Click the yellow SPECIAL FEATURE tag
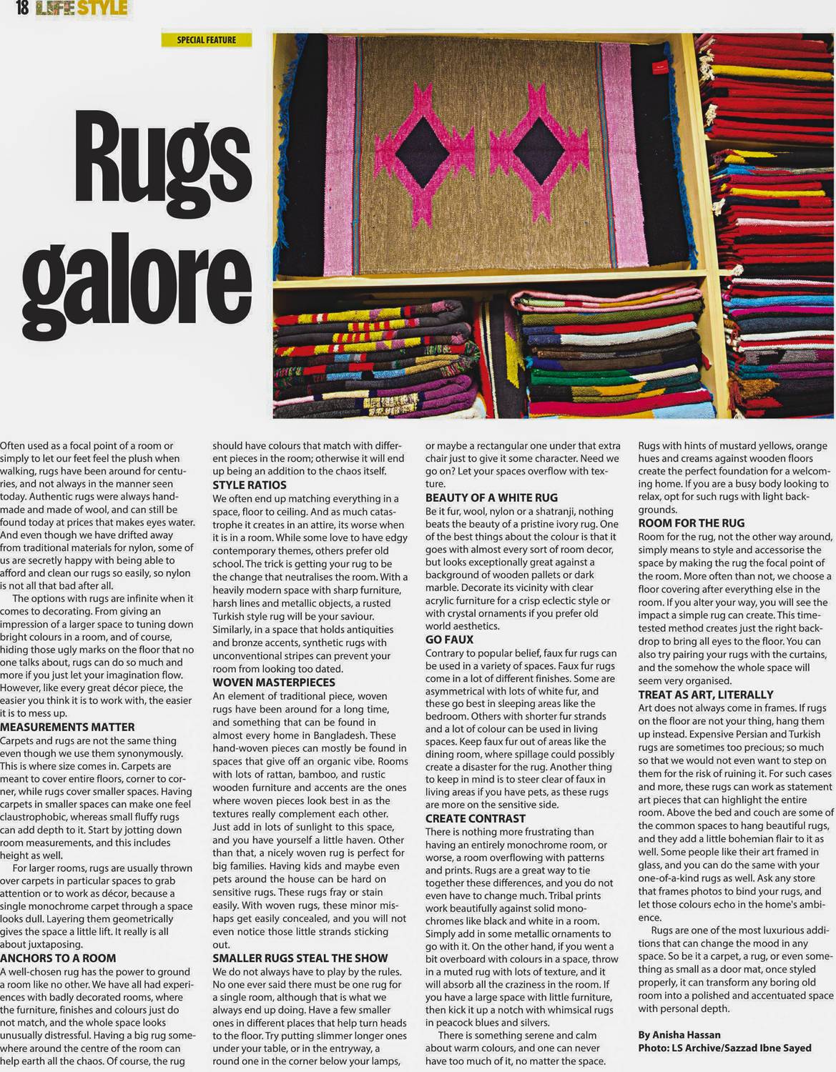tap(206, 40)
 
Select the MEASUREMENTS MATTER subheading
tap(67, 728)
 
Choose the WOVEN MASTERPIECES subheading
tap(274, 683)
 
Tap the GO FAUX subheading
tap(450, 640)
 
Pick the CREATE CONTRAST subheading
tap(476, 819)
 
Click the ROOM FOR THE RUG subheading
tap(691, 523)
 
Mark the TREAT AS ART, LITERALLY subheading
tap(706, 695)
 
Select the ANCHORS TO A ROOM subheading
tap(58, 958)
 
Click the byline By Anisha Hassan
tap(679, 1035)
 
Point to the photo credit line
tap(724, 1048)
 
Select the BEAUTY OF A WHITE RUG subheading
tap(491, 497)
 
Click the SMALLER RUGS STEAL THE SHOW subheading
tap(300, 958)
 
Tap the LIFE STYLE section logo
tap(82, 9)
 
